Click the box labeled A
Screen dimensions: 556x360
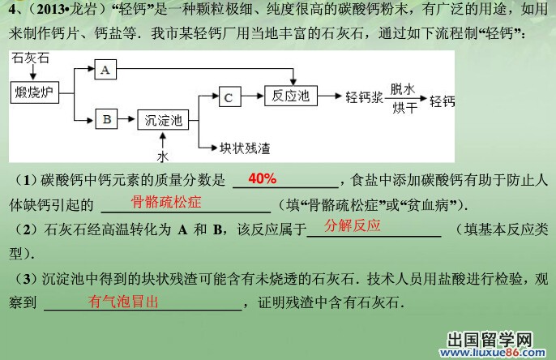tap(105, 69)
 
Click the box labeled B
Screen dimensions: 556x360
tap(107, 119)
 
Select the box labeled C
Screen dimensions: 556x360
tap(230, 96)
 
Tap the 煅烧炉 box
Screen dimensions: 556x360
tap(35, 92)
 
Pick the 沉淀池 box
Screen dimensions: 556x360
tap(163, 120)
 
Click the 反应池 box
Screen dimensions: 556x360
tap(291, 96)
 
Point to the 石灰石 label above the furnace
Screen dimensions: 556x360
tap(30, 58)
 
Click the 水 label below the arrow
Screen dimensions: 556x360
tap(163, 156)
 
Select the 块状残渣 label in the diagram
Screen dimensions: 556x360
tap(245, 148)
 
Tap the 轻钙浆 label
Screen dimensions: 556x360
tap(364, 96)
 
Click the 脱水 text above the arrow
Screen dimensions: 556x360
tap(403, 89)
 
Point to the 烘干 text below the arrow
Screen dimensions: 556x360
tap(405, 108)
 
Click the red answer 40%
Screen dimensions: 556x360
tap(263, 178)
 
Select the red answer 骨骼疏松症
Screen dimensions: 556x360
tap(166, 202)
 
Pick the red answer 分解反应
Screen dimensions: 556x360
tap(353, 225)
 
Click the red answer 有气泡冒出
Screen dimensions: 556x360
tap(123, 302)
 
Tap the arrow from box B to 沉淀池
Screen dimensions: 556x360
tap(126, 119)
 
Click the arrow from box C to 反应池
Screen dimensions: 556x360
tap(253, 96)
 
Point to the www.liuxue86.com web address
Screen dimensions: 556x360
tap(493, 352)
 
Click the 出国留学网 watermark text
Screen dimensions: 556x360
tap(490, 340)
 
